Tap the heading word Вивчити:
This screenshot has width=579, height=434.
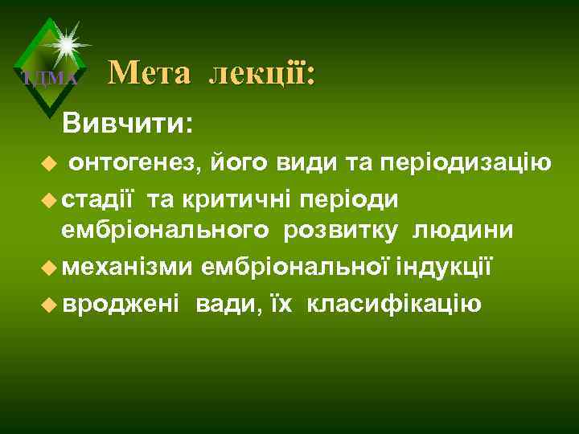(x=127, y=123)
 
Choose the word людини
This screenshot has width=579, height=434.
(x=463, y=231)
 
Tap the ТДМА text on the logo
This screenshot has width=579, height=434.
(x=49, y=79)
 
